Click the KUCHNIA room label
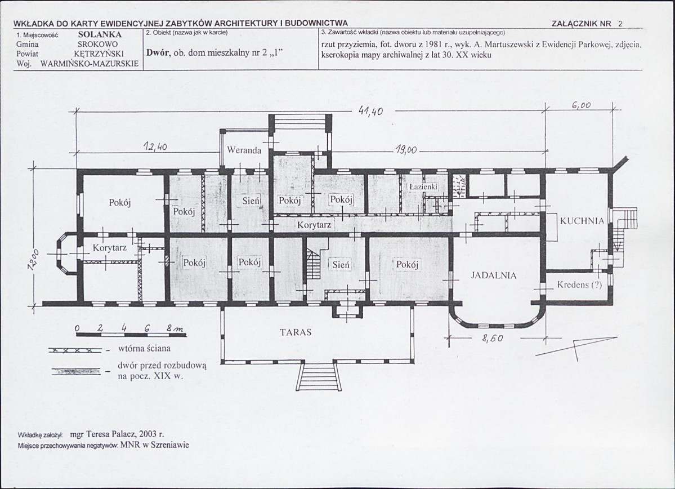coord(582,221)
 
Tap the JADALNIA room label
coord(493,275)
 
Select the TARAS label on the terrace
coord(296,332)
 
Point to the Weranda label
coord(244,150)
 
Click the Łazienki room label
coord(423,187)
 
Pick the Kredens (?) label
coord(579,285)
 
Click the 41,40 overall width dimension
coord(370,111)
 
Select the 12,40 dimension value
coord(155,147)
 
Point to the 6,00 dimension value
coord(581,105)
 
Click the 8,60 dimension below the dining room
coord(492,339)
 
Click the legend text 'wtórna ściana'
coord(144,348)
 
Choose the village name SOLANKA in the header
coord(100,34)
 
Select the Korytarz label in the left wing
coord(110,248)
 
